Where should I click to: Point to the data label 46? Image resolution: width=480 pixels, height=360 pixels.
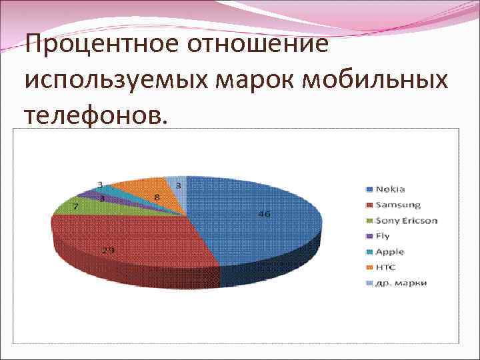265,214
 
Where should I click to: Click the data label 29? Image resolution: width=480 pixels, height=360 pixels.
107,250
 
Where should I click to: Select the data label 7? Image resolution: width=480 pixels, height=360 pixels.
75,207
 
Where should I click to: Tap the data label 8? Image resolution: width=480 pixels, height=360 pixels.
157,197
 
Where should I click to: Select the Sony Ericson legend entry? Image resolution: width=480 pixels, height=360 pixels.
406,220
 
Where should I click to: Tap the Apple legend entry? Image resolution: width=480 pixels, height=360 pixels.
389,252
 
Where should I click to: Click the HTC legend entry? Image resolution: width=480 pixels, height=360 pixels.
385,267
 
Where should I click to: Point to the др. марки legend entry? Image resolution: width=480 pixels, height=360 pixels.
401,283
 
